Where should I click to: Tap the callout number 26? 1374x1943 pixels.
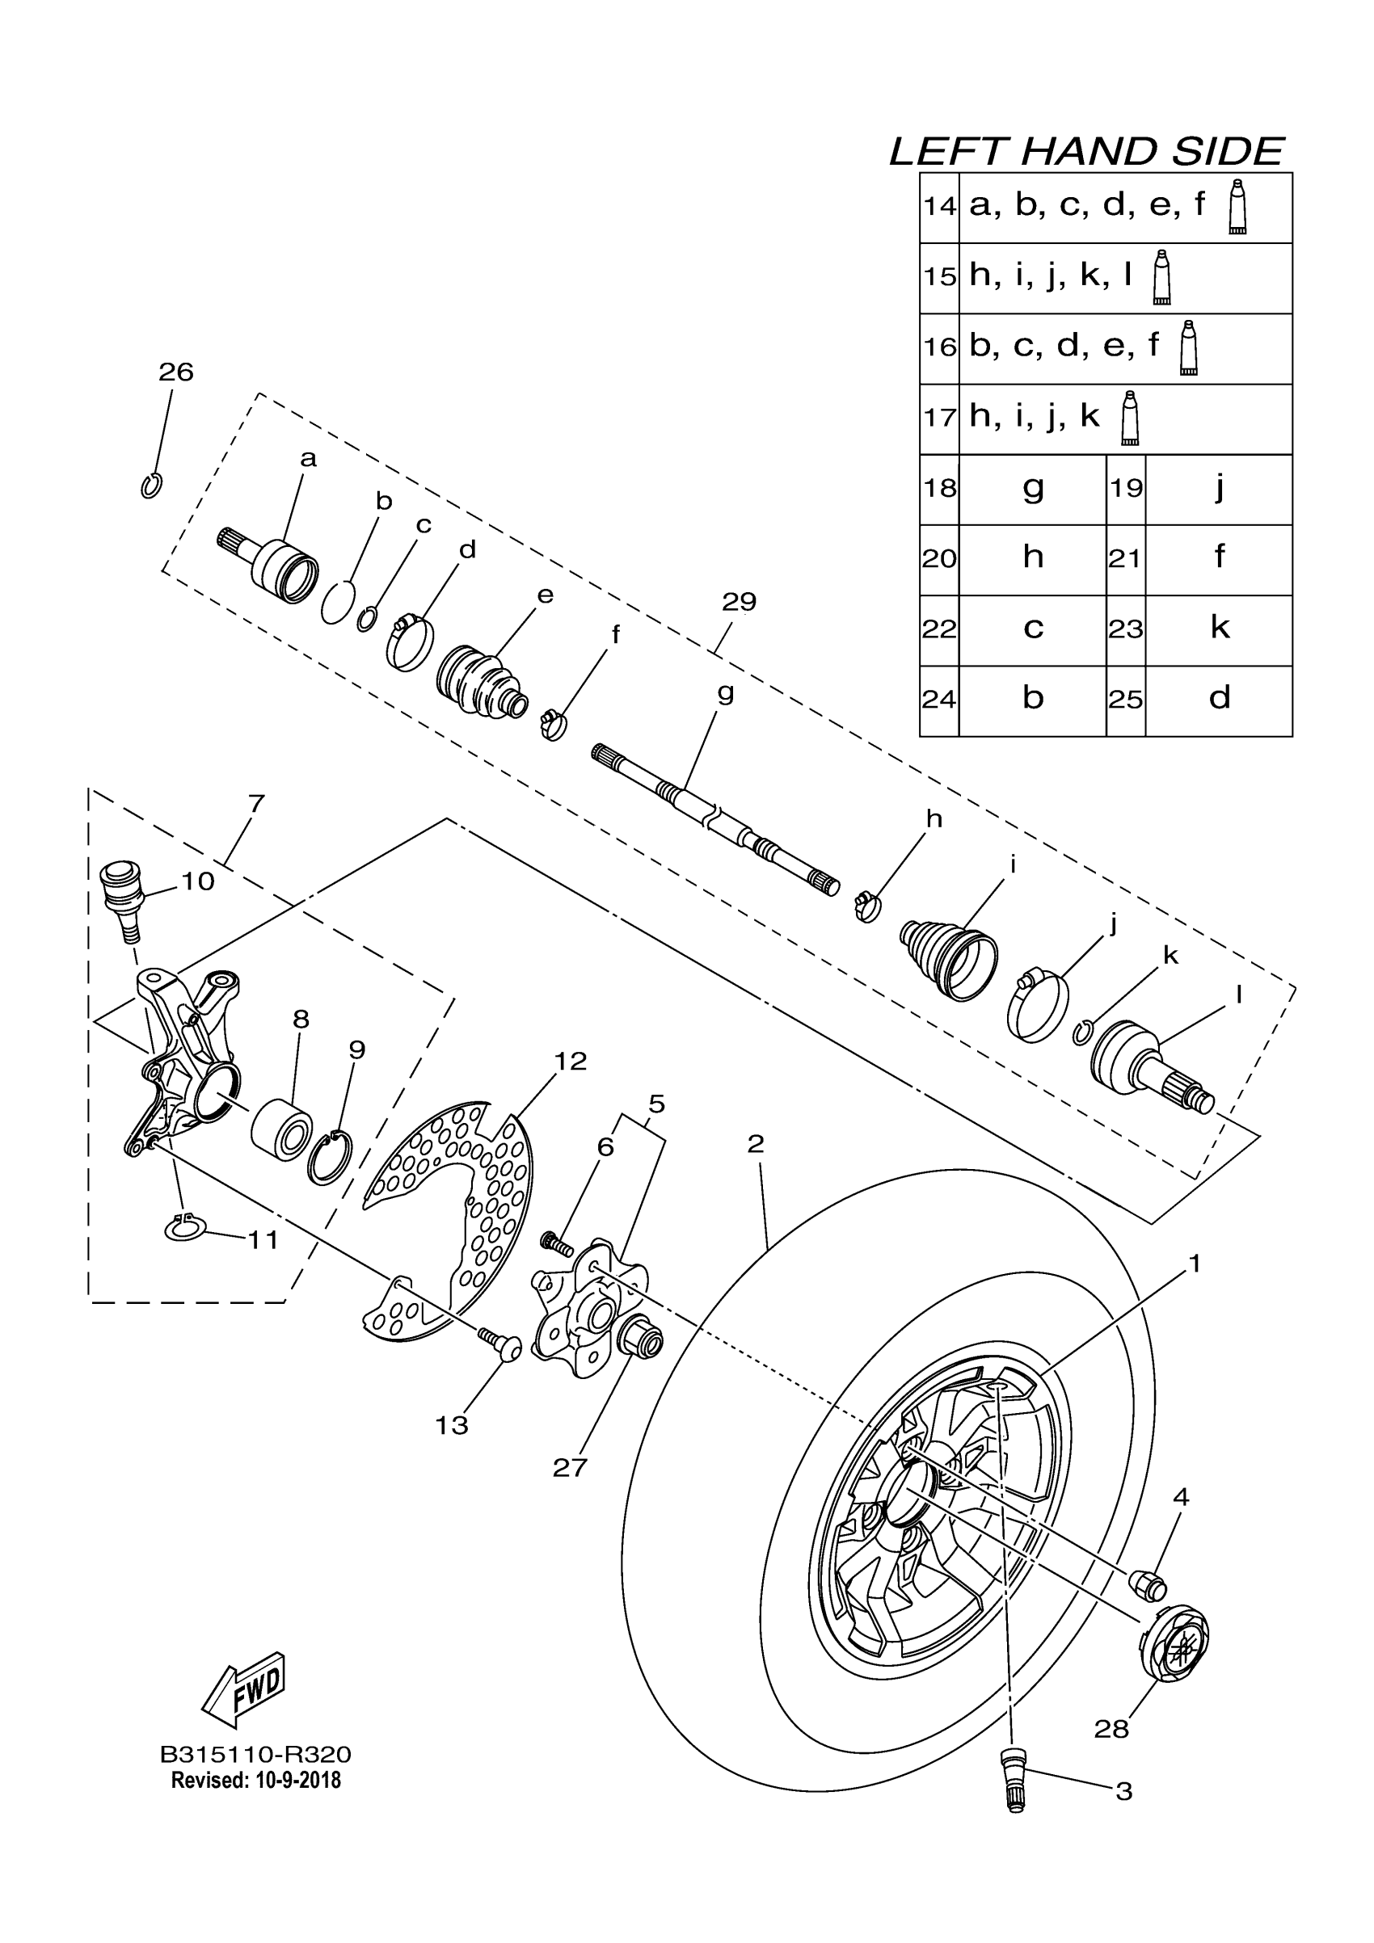pos(176,372)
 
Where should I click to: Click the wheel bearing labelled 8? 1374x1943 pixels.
pos(282,1126)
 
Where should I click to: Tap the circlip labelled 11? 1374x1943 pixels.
pos(183,1229)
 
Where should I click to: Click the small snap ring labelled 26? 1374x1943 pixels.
pos(151,486)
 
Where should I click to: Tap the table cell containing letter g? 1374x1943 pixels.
pos(1033,489)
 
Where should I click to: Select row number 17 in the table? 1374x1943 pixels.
pos(940,418)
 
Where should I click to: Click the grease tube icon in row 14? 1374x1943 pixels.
pos(1237,207)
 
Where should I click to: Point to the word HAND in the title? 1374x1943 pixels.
pos(1088,153)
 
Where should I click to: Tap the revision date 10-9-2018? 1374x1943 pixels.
pos(297,1781)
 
